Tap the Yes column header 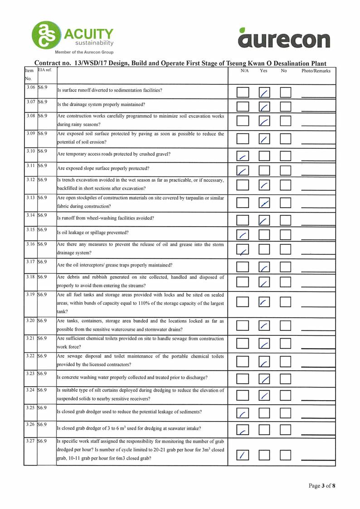[263, 71]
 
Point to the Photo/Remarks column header [316, 71]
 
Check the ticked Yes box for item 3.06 [264, 93]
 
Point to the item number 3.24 [31, 389]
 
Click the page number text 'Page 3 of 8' [321, 486]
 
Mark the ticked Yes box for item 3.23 [264, 378]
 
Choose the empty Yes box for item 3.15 [264, 235]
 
